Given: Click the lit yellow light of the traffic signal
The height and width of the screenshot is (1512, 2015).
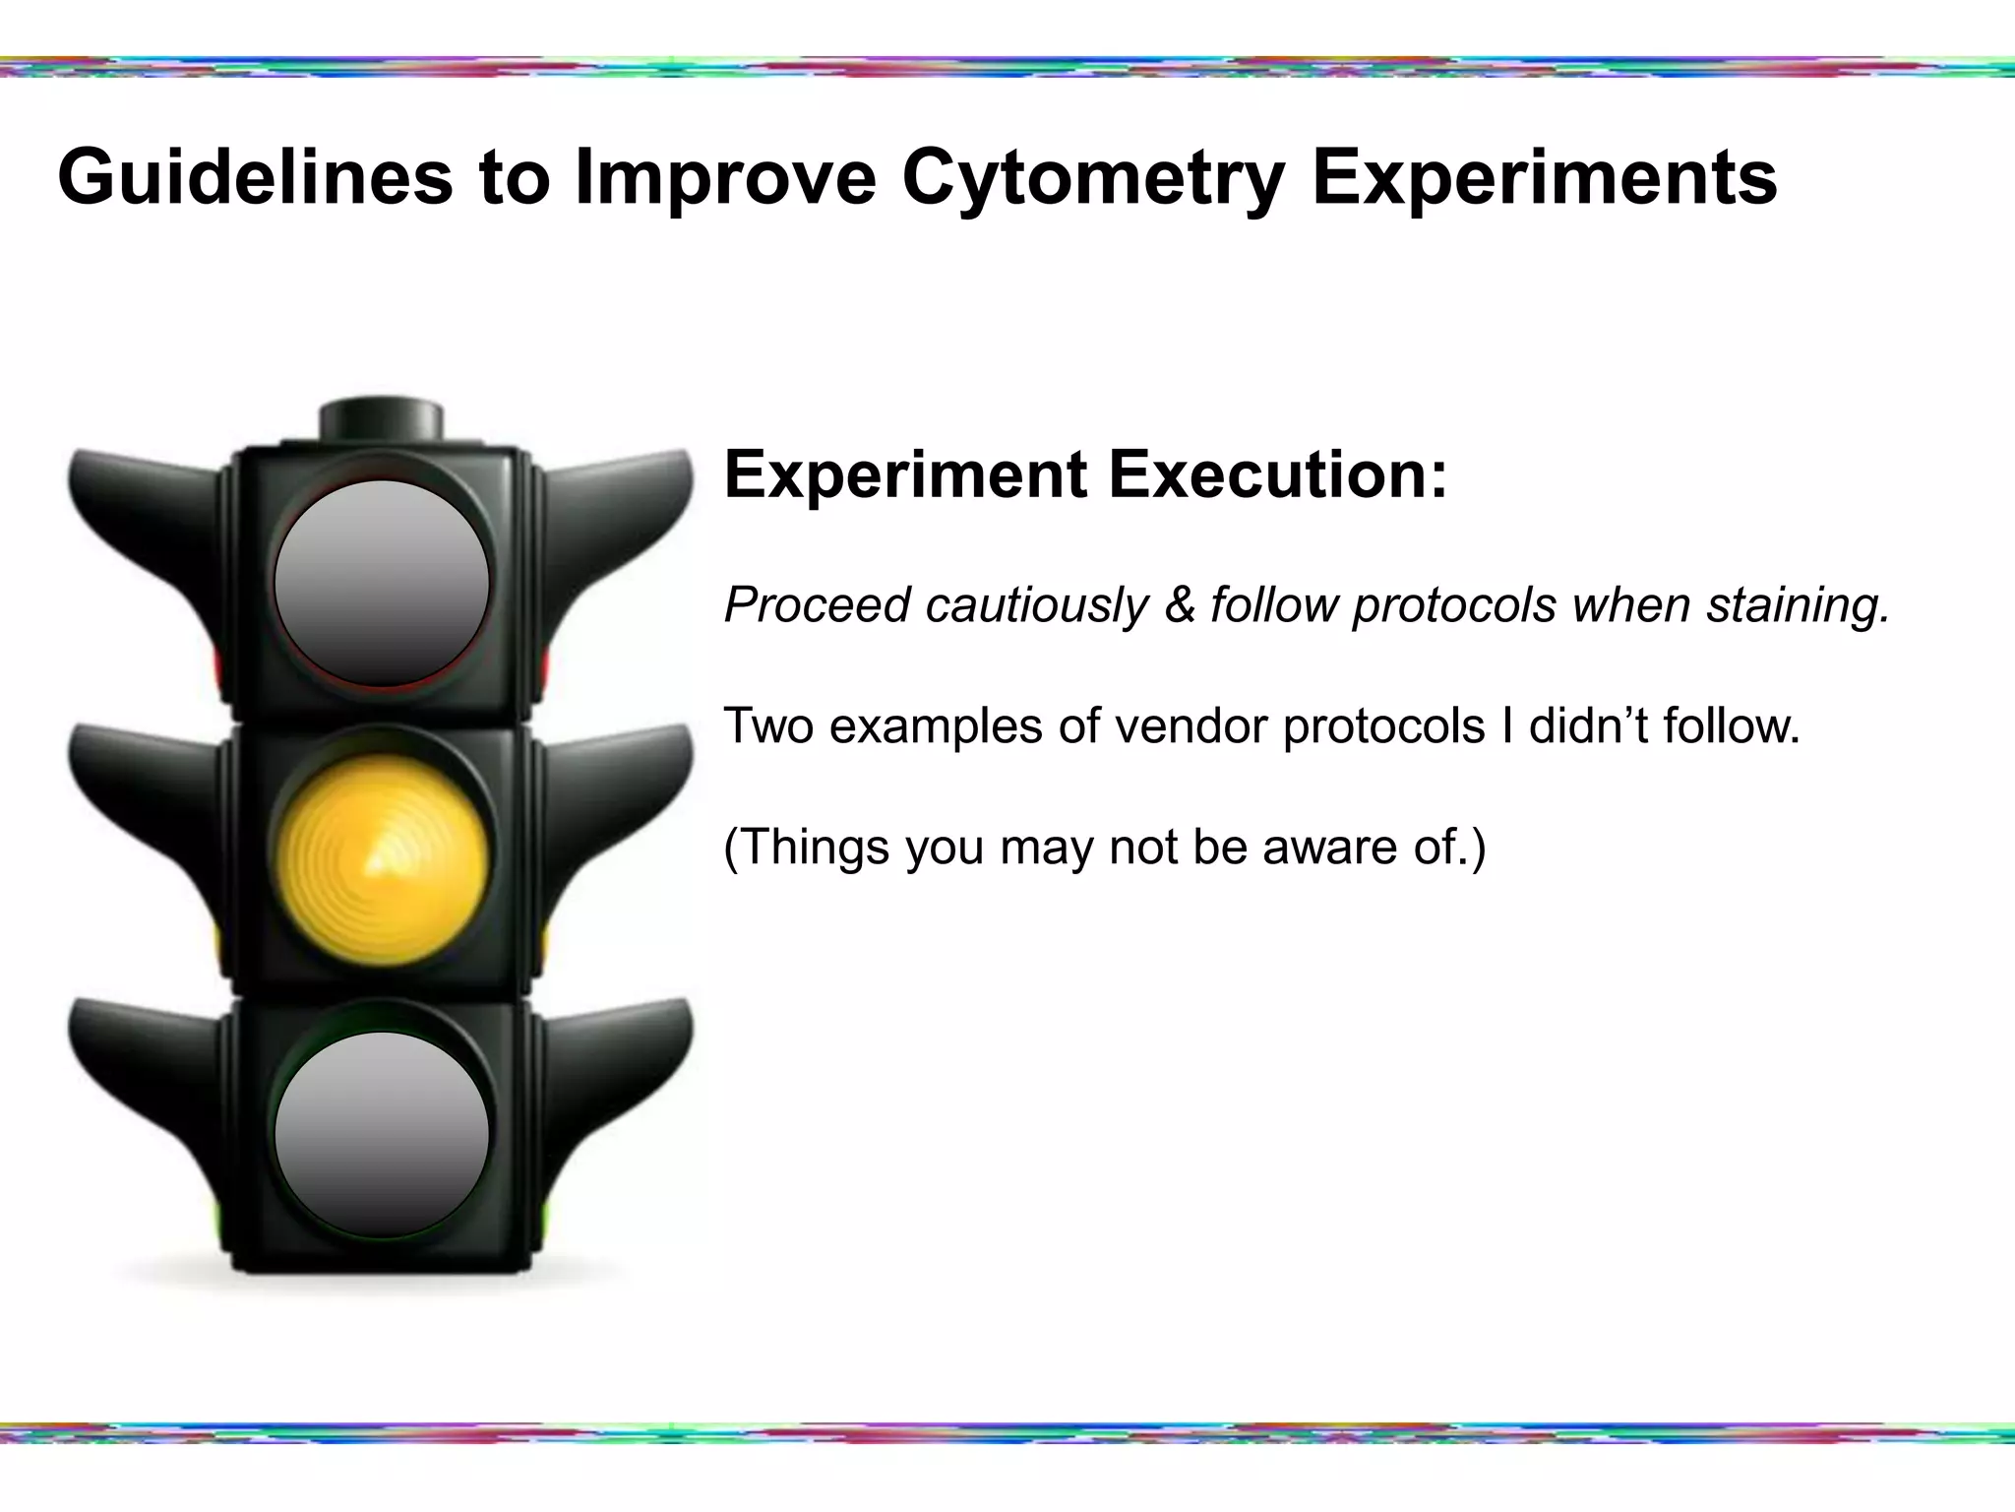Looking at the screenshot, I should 382,859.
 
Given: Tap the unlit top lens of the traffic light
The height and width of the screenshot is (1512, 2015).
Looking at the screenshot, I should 382,583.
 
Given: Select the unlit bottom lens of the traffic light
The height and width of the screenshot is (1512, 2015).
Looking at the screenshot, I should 382,1134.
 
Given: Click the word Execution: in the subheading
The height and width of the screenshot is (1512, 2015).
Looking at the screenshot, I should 1278,474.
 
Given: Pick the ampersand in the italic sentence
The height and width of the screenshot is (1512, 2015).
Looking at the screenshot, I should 1179,604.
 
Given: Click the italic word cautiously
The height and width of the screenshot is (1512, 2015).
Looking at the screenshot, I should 1036,604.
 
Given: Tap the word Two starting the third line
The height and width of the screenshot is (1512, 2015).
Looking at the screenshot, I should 768,726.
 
